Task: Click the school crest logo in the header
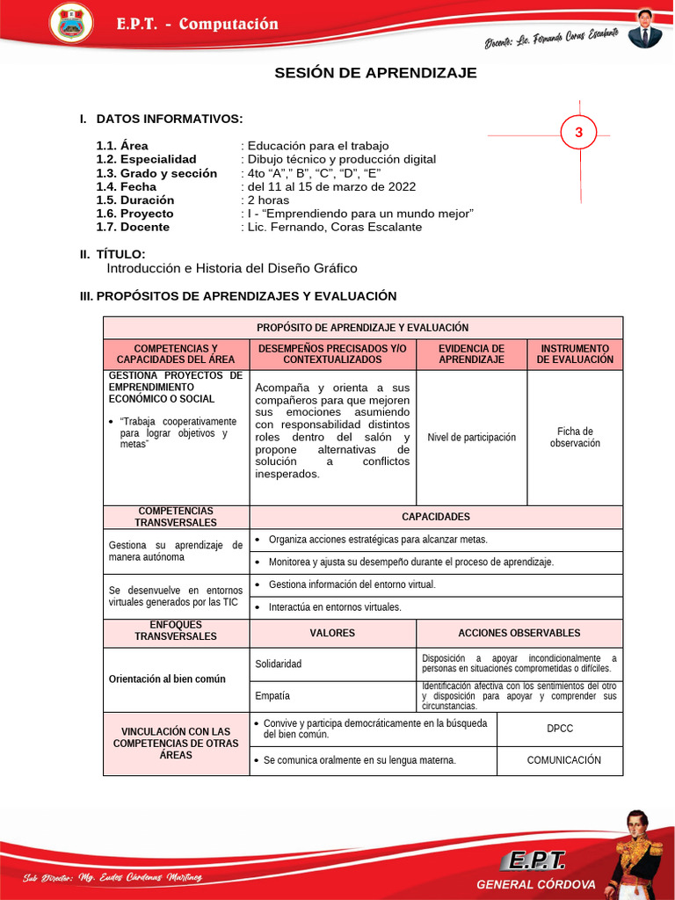(70, 24)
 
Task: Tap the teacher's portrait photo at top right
(645, 29)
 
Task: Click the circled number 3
(578, 134)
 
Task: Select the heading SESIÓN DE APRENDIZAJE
(375, 73)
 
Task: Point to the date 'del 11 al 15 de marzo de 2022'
(330, 186)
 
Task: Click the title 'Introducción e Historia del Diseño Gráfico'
(232, 268)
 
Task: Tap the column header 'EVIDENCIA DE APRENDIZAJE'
(471, 354)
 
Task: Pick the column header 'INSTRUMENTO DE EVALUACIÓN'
(575, 354)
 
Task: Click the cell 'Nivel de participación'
(471, 437)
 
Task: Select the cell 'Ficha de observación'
(575, 437)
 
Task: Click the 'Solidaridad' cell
(278, 664)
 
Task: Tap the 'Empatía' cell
(272, 695)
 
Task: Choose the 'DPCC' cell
(559, 729)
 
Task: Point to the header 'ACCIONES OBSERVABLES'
(519, 633)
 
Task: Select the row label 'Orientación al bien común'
(167, 679)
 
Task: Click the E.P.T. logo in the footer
(533, 860)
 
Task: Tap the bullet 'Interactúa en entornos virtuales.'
(335, 606)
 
